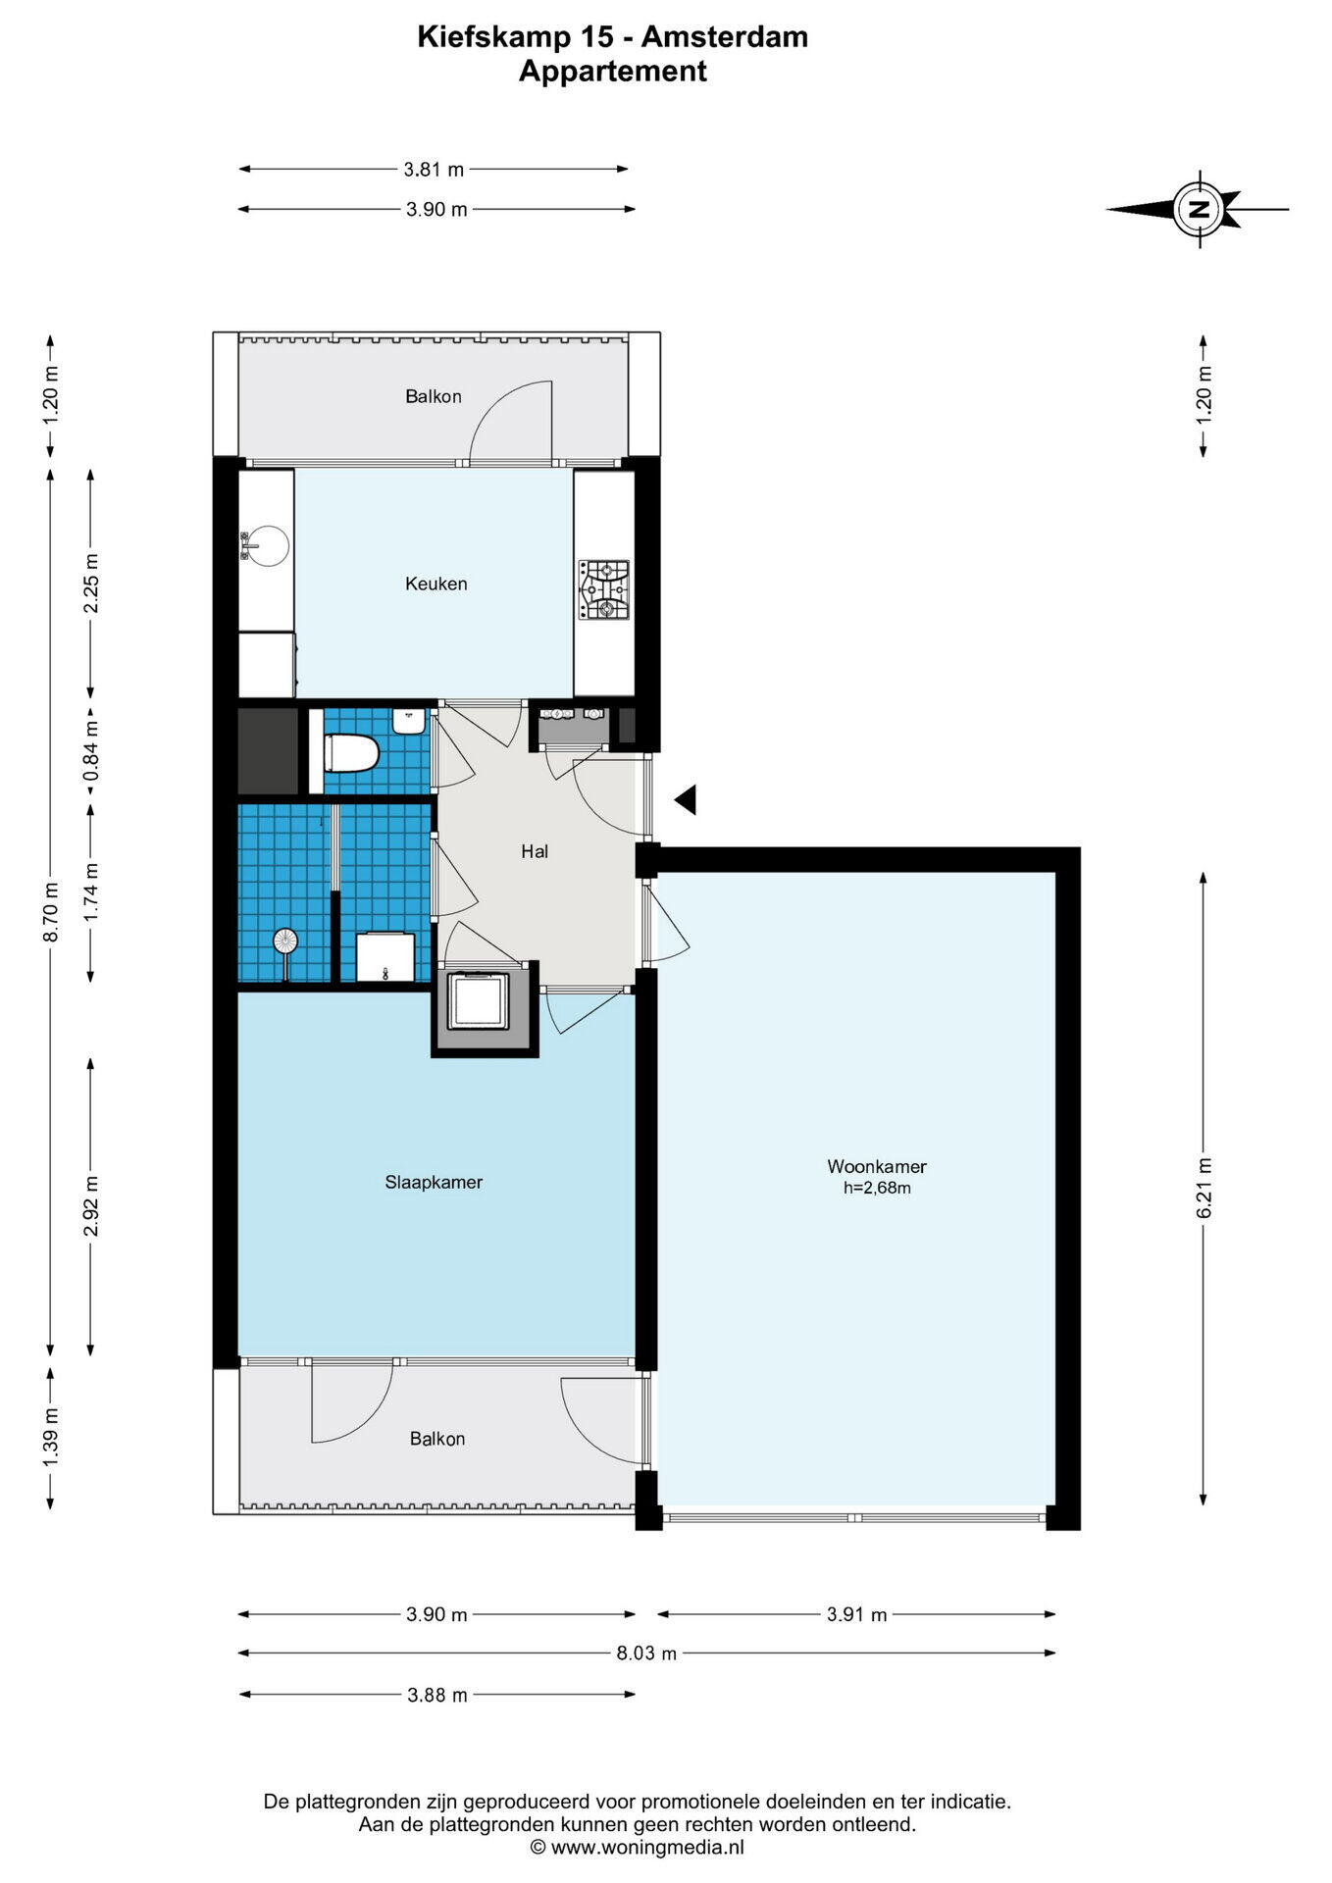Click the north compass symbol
click(x=1198, y=209)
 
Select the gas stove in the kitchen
click(x=603, y=589)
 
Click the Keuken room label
click(x=436, y=584)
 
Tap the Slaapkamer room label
click(x=434, y=1182)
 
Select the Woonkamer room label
click(x=877, y=1166)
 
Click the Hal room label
click(x=535, y=851)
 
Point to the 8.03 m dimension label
click(x=646, y=1653)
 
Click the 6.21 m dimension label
click(x=1204, y=1189)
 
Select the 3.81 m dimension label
click(x=434, y=169)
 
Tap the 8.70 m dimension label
click(x=52, y=912)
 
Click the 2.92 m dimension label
click(x=91, y=1206)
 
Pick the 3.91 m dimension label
click(x=856, y=1614)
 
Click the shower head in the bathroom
click(x=284, y=941)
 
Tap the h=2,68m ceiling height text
click(x=877, y=1188)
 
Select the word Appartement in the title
click(x=613, y=71)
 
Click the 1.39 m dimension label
click(x=52, y=1437)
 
